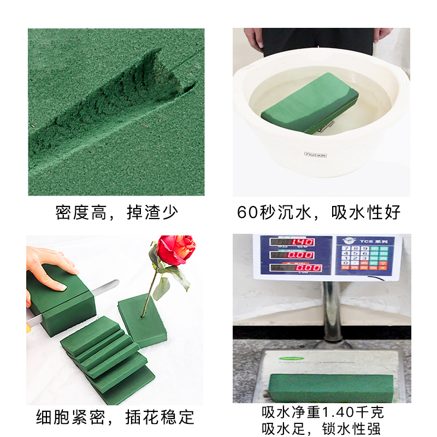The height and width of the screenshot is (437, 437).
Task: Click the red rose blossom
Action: [176, 250]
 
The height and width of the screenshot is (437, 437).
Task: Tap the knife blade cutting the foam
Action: [107, 286]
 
